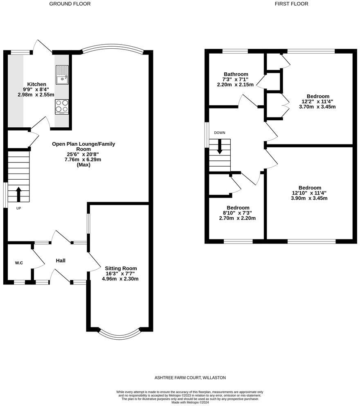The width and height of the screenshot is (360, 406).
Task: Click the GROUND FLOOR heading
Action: tap(70, 4)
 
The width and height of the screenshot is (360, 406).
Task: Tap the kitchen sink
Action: tap(62, 75)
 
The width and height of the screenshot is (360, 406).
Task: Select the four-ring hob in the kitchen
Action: tap(62, 107)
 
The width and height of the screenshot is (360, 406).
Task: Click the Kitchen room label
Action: tap(37, 84)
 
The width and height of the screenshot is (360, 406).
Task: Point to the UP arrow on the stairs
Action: tap(18, 194)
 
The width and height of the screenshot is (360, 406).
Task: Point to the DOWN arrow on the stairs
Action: tap(220, 147)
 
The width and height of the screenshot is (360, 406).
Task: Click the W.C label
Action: tap(19, 263)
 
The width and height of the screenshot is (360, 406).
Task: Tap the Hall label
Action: tap(61, 261)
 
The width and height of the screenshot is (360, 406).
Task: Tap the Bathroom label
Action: tap(235, 74)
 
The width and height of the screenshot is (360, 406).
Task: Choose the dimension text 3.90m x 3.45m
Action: tap(309, 198)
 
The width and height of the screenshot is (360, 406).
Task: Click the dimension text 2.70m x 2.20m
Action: tap(237, 218)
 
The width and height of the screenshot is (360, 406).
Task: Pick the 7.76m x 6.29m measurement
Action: tap(83, 160)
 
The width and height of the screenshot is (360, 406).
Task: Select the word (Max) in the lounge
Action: tap(83, 165)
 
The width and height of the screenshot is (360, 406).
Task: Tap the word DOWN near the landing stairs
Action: tap(219, 133)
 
